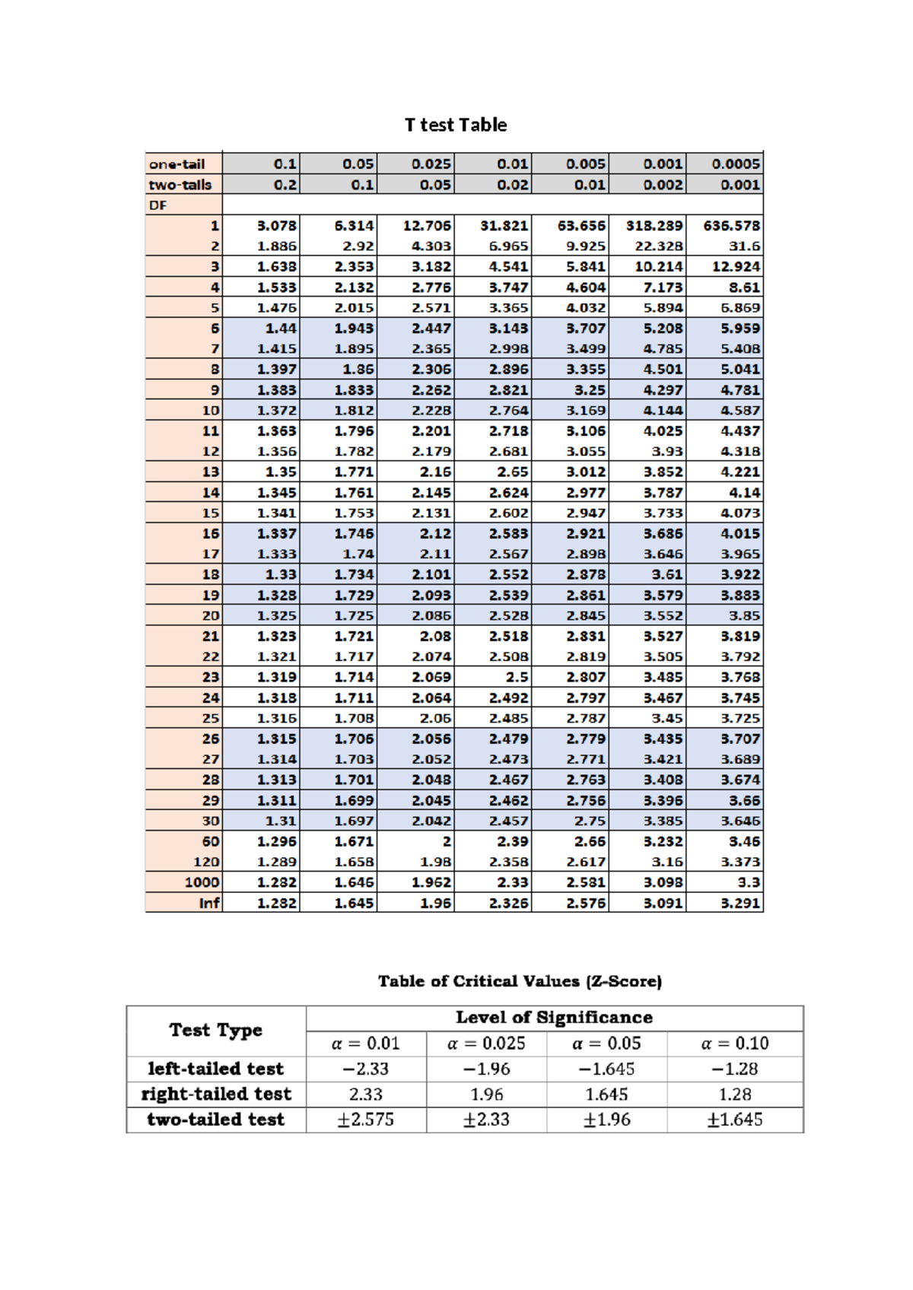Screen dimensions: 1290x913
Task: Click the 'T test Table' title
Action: [456, 125]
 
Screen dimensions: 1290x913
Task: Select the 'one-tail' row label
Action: [177, 164]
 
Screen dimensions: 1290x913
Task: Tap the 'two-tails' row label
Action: [180, 185]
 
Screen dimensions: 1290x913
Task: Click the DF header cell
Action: [158, 205]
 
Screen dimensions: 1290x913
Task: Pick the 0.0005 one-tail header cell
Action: [735, 164]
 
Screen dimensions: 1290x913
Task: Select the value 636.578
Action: [731, 226]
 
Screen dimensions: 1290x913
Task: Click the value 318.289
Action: [654, 226]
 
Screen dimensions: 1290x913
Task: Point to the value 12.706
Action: [427, 226]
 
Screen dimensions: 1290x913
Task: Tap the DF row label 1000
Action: [202, 882]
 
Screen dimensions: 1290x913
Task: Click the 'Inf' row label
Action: [209, 903]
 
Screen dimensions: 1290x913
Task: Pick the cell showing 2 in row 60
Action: [447, 841]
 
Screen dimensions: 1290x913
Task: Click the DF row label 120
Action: [206, 862]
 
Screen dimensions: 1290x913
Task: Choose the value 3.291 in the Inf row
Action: [740, 903]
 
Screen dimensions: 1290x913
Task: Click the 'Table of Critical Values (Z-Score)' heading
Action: [520, 981]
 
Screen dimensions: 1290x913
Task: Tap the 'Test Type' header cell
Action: [216, 1031]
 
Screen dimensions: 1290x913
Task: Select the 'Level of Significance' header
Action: [554, 1018]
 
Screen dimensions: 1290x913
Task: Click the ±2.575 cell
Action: [366, 1120]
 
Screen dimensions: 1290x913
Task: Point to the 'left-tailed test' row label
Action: [216, 1069]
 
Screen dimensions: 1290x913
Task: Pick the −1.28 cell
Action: [734, 1069]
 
